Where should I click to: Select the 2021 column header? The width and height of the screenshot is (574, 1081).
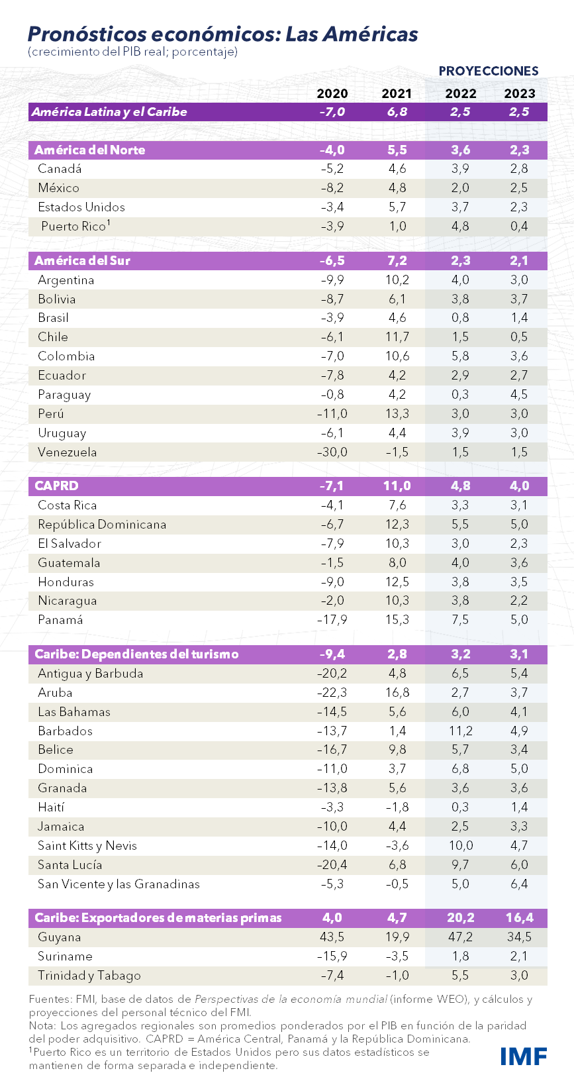coord(397,93)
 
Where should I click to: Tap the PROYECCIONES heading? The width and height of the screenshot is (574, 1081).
coord(489,71)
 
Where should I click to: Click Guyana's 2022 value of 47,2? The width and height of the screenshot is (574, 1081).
coord(460,937)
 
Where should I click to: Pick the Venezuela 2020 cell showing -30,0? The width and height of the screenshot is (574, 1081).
coord(332,452)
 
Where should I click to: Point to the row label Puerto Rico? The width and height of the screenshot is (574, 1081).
coord(73,227)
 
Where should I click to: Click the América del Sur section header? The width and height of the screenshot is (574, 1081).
coord(83,260)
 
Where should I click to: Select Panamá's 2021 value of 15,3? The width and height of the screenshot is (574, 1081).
coord(397,620)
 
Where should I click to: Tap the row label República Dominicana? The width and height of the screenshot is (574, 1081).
coord(102,525)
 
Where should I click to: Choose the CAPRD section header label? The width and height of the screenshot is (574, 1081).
coord(56,486)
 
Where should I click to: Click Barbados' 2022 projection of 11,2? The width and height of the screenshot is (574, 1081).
coord(460,731)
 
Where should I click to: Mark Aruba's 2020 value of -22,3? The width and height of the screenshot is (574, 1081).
coord(332,693)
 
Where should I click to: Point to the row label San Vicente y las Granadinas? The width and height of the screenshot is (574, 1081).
coord(119,884)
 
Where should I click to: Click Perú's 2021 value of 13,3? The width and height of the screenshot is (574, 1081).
coord(397,414)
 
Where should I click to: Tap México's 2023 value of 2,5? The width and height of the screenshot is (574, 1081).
coord(519,188)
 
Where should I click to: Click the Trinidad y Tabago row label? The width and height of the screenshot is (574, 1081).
coord(89,976)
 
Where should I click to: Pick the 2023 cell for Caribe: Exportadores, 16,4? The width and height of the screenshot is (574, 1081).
coord(519,918)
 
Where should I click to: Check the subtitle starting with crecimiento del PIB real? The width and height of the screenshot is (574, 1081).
coord(132,52)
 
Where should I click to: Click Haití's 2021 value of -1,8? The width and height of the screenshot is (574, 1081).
coord(397,807)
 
